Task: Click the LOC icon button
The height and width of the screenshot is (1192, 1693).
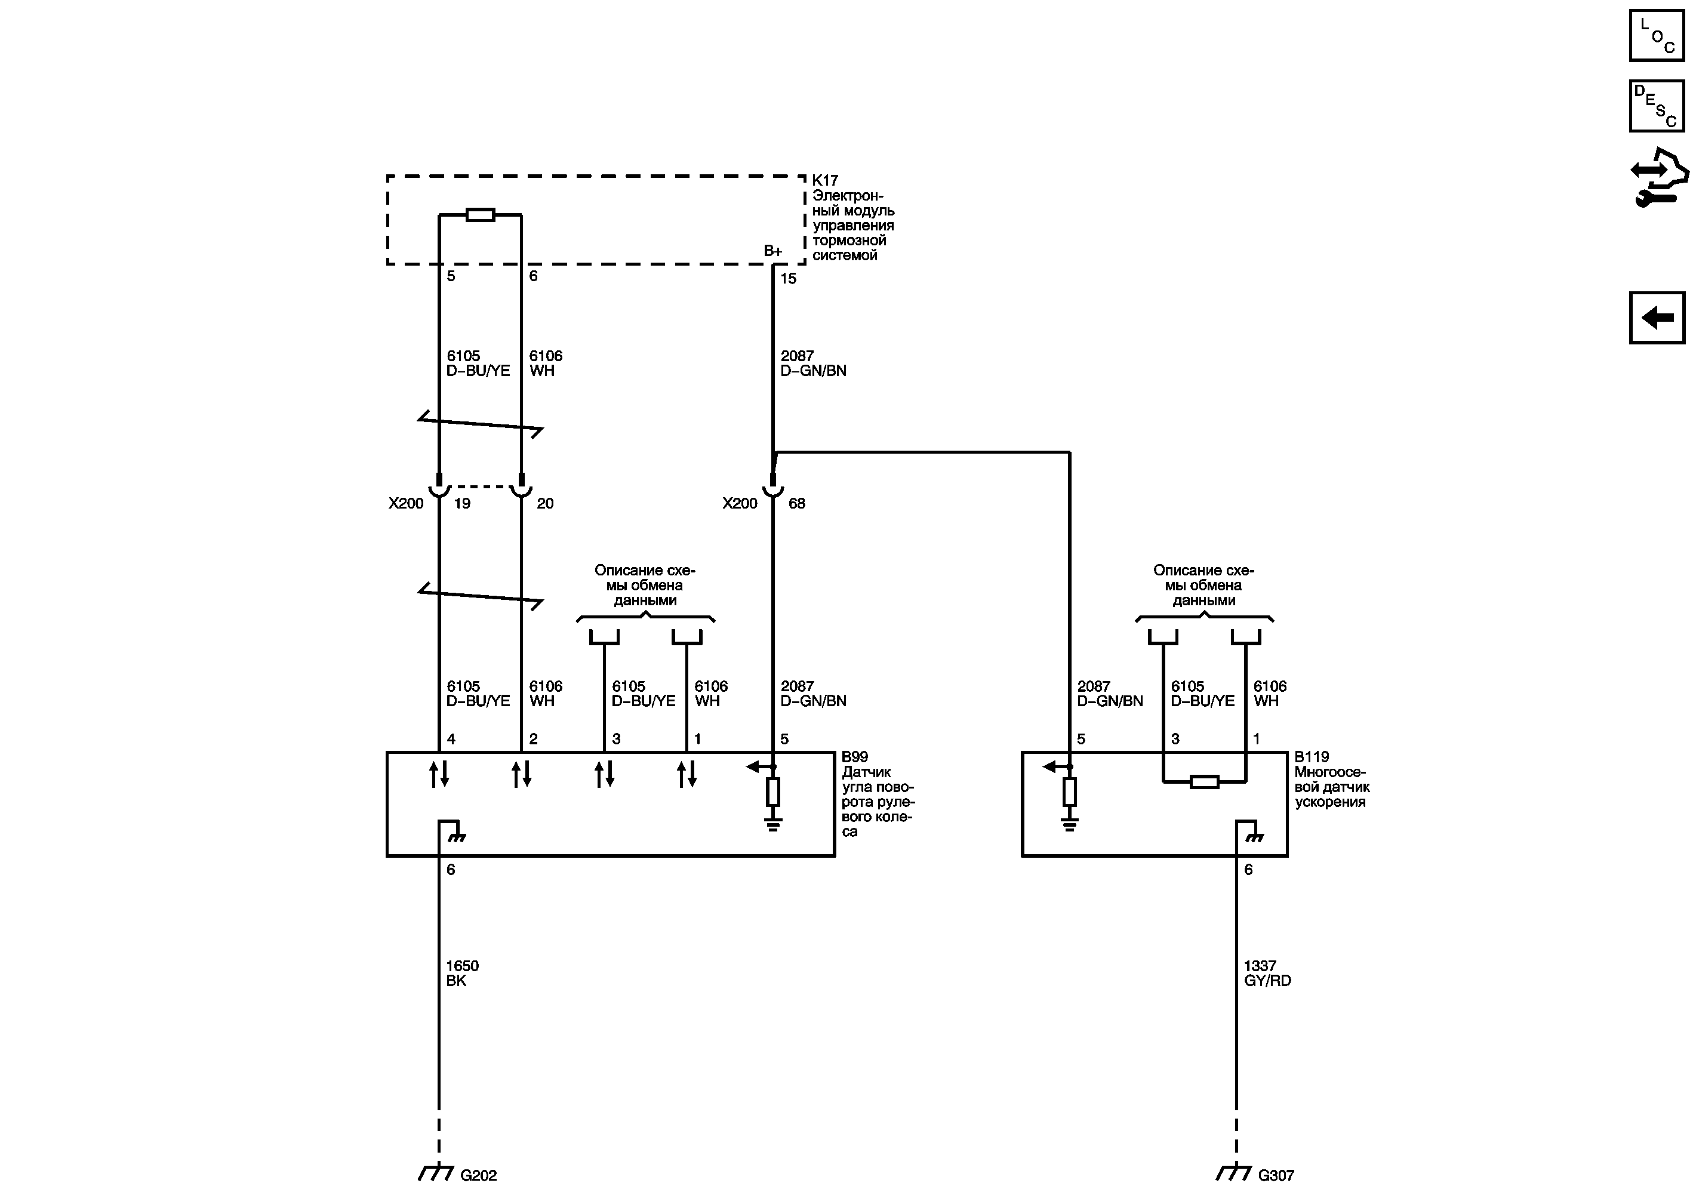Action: point(1656,35)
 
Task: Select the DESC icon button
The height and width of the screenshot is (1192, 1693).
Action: point(1656,106)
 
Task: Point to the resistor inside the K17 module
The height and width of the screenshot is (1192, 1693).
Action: point(480,215)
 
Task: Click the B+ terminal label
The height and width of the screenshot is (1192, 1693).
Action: point(772,251)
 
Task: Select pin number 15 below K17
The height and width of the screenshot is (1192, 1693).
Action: point(788,279)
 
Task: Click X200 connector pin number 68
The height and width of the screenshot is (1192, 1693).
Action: point(796,504)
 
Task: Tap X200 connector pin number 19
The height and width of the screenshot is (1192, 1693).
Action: point(462,504)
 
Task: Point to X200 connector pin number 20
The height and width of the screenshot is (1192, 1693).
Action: point(545,504)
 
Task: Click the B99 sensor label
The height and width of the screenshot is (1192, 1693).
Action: point(855,757)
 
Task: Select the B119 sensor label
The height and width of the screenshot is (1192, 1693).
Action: point(1312,757)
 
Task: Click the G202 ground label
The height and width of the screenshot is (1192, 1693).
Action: point(479,1176)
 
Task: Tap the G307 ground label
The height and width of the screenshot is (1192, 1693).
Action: point(1276,1176)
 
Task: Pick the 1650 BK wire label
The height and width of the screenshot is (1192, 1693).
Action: point(461,973)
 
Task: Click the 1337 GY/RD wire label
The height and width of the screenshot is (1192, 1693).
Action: point(1267,973)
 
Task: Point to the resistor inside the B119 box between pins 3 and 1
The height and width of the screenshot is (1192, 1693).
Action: point(1204,782)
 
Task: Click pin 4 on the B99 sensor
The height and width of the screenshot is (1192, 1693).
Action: point(451,738)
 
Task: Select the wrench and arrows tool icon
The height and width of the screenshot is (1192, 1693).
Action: point(1658,178)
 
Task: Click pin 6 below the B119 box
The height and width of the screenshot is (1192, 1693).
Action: point(1248,870)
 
